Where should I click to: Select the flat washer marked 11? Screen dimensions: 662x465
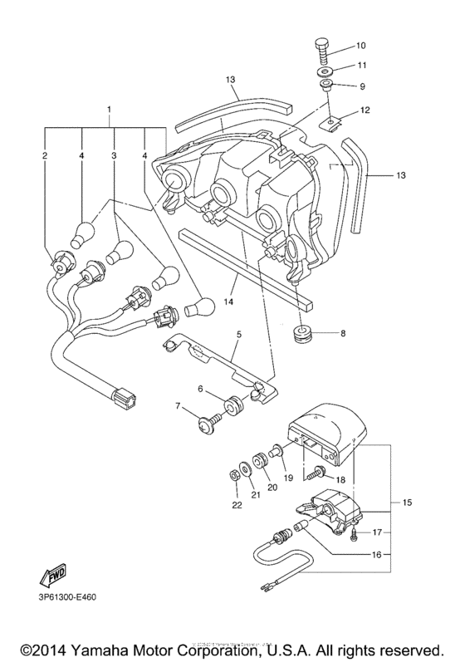click(322, 72)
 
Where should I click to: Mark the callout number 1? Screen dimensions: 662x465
click(107, 110)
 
